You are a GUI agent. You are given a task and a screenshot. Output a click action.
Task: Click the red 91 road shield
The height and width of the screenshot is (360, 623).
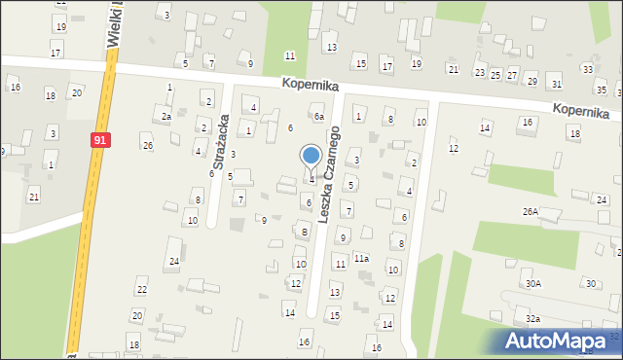click(x=100, y=140)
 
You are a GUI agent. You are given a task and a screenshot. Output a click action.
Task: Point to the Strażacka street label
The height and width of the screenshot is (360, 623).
click(x=218, y=147)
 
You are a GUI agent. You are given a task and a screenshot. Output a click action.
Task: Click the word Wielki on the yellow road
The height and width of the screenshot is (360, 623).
click(x=114, y=21)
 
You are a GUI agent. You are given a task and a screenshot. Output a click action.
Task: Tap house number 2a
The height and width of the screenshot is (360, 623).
click(x=166, y=117)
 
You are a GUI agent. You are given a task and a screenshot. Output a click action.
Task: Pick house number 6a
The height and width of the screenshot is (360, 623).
click(x=318, y=117)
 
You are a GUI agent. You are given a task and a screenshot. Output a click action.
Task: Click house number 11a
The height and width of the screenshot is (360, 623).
click(x=361, y=259)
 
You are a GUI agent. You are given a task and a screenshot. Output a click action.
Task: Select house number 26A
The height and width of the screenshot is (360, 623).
click(x=530, y=211)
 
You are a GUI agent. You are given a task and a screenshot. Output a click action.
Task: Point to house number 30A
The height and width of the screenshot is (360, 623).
click(x=533, y=284)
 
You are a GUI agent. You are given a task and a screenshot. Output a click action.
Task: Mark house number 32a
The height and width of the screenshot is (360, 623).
click(x=533, y=319)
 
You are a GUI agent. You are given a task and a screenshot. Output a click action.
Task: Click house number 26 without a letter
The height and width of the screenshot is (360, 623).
click(x=147, y=146)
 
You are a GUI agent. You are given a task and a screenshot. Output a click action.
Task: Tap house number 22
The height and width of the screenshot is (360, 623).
click(x=141, y=290)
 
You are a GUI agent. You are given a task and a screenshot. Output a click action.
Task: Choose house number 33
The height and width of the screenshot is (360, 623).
click(x=587, y=69)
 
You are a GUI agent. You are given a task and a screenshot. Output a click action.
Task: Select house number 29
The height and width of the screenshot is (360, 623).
click(x=531, y=80)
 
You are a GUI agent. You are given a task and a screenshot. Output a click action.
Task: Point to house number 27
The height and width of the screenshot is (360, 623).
click(x=511, y=75)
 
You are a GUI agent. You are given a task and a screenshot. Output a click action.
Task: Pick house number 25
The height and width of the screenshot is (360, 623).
click(x=495, y=75)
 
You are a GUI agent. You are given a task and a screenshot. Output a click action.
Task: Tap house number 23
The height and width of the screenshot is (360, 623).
click(x=479, y=73)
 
